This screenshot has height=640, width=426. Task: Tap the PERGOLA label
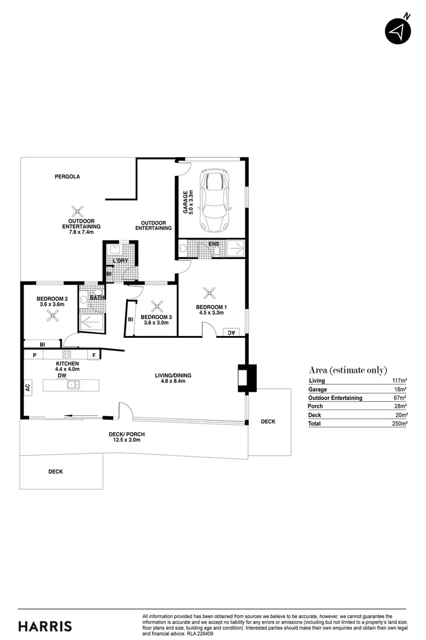click(x=67, y=177)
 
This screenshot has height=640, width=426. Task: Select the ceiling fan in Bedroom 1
click(x=209, y=293)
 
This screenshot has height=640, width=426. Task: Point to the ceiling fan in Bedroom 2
click(x=53, y=315)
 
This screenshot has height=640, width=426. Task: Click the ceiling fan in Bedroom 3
click(x=157, y=306)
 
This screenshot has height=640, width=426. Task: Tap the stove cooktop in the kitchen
click(x=67, y=355)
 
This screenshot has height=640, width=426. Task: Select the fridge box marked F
click(x=94, y=355)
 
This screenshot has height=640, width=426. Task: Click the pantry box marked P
click(x=35, y=355)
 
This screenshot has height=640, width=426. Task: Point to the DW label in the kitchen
click(x=62, y=376)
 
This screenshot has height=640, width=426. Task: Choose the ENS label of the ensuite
click(x=213, y=244)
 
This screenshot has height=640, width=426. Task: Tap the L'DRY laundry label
click(x=120, y=261)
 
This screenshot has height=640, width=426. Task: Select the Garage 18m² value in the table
click(x=400, y=389)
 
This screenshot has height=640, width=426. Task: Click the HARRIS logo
click(x=45, y=626)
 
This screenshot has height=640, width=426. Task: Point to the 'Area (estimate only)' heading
click(x=348, y=370)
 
